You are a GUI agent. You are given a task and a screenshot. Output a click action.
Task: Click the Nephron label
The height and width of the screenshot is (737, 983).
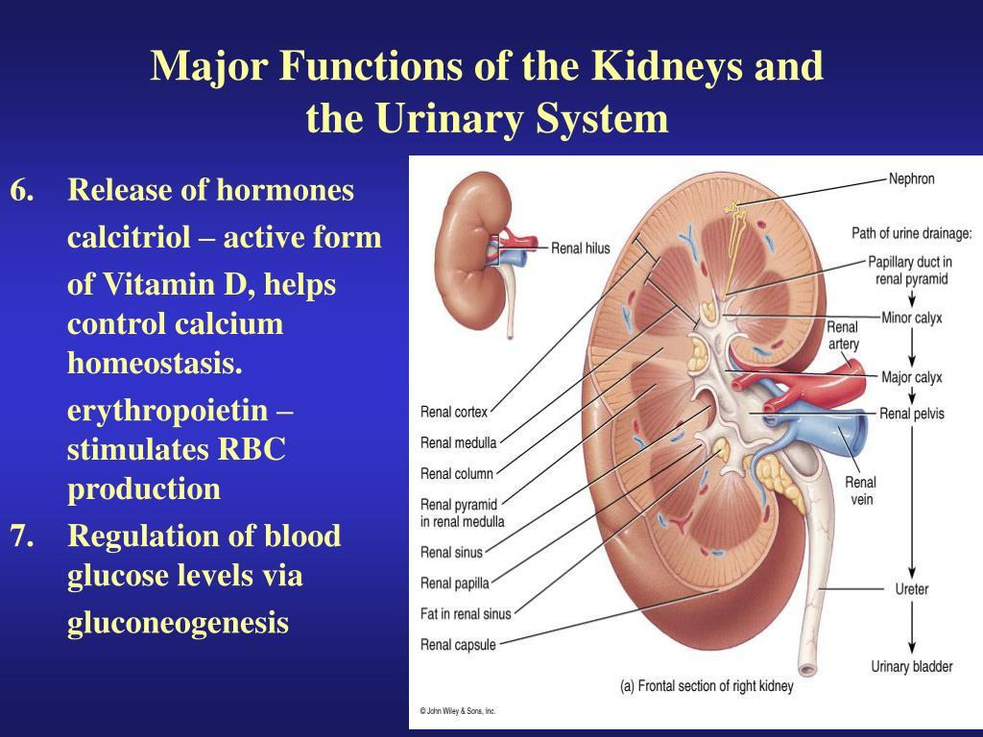pyautogui.click(x=912, y=178)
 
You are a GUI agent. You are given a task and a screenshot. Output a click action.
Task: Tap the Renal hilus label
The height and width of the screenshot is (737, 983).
pyautogui.click(x=580, y=249)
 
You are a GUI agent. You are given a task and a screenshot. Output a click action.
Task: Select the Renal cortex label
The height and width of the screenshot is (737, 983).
pyautogui.click(x=454, y=412)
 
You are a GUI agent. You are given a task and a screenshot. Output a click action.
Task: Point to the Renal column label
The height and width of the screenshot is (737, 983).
pyautogui.click(x=456, y=474)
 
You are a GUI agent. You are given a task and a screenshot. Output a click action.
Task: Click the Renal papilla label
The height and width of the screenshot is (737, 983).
pyautogui.click(x=454, y=583)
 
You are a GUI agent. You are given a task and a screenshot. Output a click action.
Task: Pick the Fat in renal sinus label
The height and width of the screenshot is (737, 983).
pyautogui.click(x=466, y=614)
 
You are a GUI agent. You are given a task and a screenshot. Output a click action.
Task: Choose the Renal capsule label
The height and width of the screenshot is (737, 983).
pyautogui.click(x=458, y=645)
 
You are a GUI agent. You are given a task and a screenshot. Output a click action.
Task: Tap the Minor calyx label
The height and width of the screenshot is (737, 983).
pyautogui.click(x=912, y=318)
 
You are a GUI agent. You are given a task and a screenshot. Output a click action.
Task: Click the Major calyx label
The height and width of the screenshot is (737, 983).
pyautogui.click(x=912, y=377)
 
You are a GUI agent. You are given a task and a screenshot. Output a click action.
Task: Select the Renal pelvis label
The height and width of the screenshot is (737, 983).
pyautogui.click(x=912, y=414)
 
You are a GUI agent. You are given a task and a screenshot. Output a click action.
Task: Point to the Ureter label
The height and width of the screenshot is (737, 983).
pyautogui.click(x=912, y=589)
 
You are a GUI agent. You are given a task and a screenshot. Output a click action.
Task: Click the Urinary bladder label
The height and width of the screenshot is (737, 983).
pyautogui.click(x=912, y=667)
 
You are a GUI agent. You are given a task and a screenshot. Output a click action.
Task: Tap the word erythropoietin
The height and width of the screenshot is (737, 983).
pyautogui.click(x=167, y=411)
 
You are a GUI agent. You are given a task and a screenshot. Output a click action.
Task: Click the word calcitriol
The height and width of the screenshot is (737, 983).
pyautogui.click(x=129, y=237)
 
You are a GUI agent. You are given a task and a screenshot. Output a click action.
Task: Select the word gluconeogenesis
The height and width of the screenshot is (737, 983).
pyautogui.click(x=178, y=623)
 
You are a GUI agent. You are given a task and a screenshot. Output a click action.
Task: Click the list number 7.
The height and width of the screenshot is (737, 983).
pyautogui.click(x=22, y=535)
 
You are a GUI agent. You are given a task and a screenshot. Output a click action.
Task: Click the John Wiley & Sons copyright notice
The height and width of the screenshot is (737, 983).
pyautogui.click(x=458, y=711)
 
